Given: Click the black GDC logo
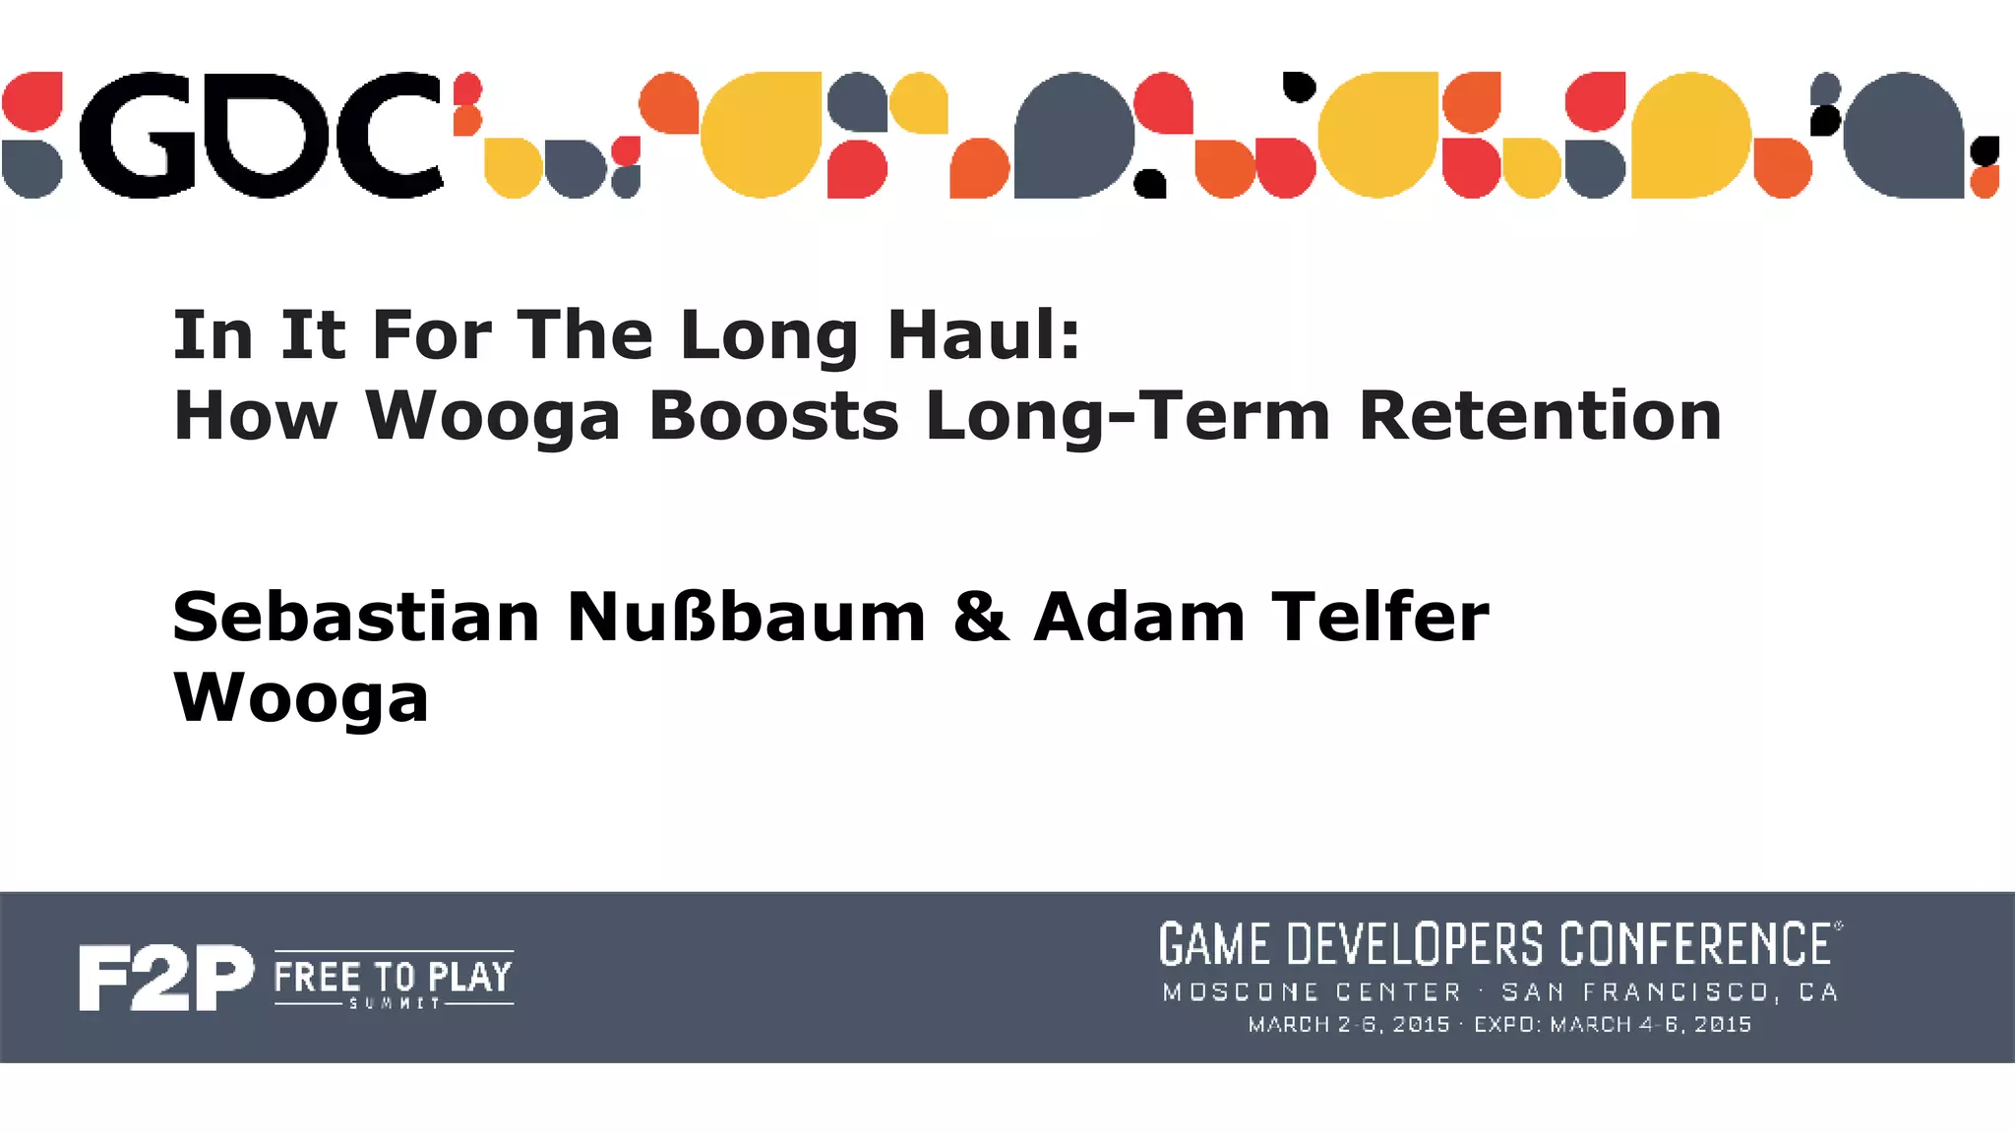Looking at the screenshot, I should [x=261, y=135].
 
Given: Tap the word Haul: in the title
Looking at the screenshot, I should [x=983, y=335].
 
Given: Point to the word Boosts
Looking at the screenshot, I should [x=773, y=416].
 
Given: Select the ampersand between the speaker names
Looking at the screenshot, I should [x=980, y=618].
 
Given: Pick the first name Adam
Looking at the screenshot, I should [x=1139, y=618].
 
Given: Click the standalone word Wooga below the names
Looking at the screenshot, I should [x=301, y=699].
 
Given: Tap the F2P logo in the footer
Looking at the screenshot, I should [x=165, y=978].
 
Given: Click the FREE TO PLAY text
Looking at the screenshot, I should [x=393, y=977].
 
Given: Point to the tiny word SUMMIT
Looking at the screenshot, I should [x=394, y=1003].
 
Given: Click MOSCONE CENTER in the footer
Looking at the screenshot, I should [x=1312, y=992].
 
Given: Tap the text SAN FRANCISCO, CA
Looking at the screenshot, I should [x=1670, y=992].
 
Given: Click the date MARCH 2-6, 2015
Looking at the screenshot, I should [x=1349, y=1025].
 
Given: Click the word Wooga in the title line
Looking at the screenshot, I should [x=493, y=416].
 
